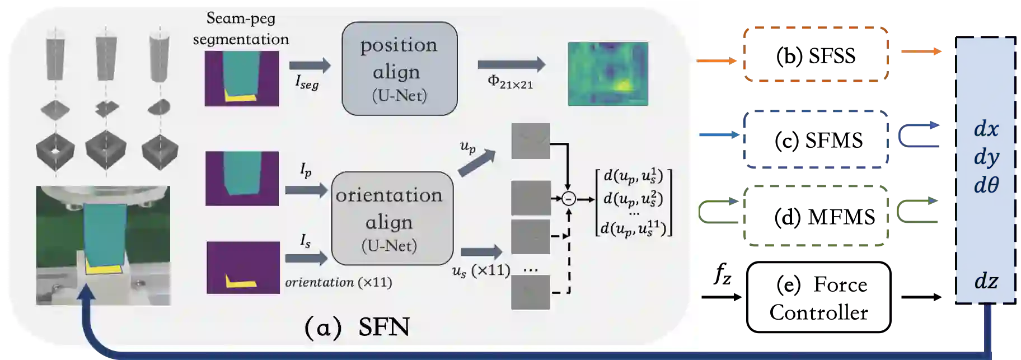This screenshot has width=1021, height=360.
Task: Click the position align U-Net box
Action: coord(399,69)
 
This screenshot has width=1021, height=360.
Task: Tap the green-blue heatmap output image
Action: coord(608,73)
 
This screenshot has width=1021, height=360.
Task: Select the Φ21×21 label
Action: coord(510,82)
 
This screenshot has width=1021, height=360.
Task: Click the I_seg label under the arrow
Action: coord(306,83)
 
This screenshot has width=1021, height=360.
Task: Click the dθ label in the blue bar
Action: coord(986,185)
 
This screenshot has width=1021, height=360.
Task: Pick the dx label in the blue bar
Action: coord(986,129)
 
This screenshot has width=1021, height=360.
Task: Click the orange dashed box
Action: coord(817,54)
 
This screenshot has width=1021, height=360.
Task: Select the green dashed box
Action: coord(817,216)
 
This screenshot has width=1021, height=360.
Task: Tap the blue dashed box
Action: coord(817,138)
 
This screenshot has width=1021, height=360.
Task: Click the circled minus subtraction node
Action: coord(569,199)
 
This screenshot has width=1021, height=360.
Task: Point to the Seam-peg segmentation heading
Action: coord(241,29)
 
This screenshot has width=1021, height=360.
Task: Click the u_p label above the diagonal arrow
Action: coord(467,147)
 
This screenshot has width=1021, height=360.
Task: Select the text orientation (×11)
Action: coord(338,282)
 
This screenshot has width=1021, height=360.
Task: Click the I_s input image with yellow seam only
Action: coord(243,267)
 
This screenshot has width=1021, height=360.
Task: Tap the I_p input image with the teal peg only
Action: coord(242,178)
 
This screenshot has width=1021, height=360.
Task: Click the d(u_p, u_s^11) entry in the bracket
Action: coord(633,228)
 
